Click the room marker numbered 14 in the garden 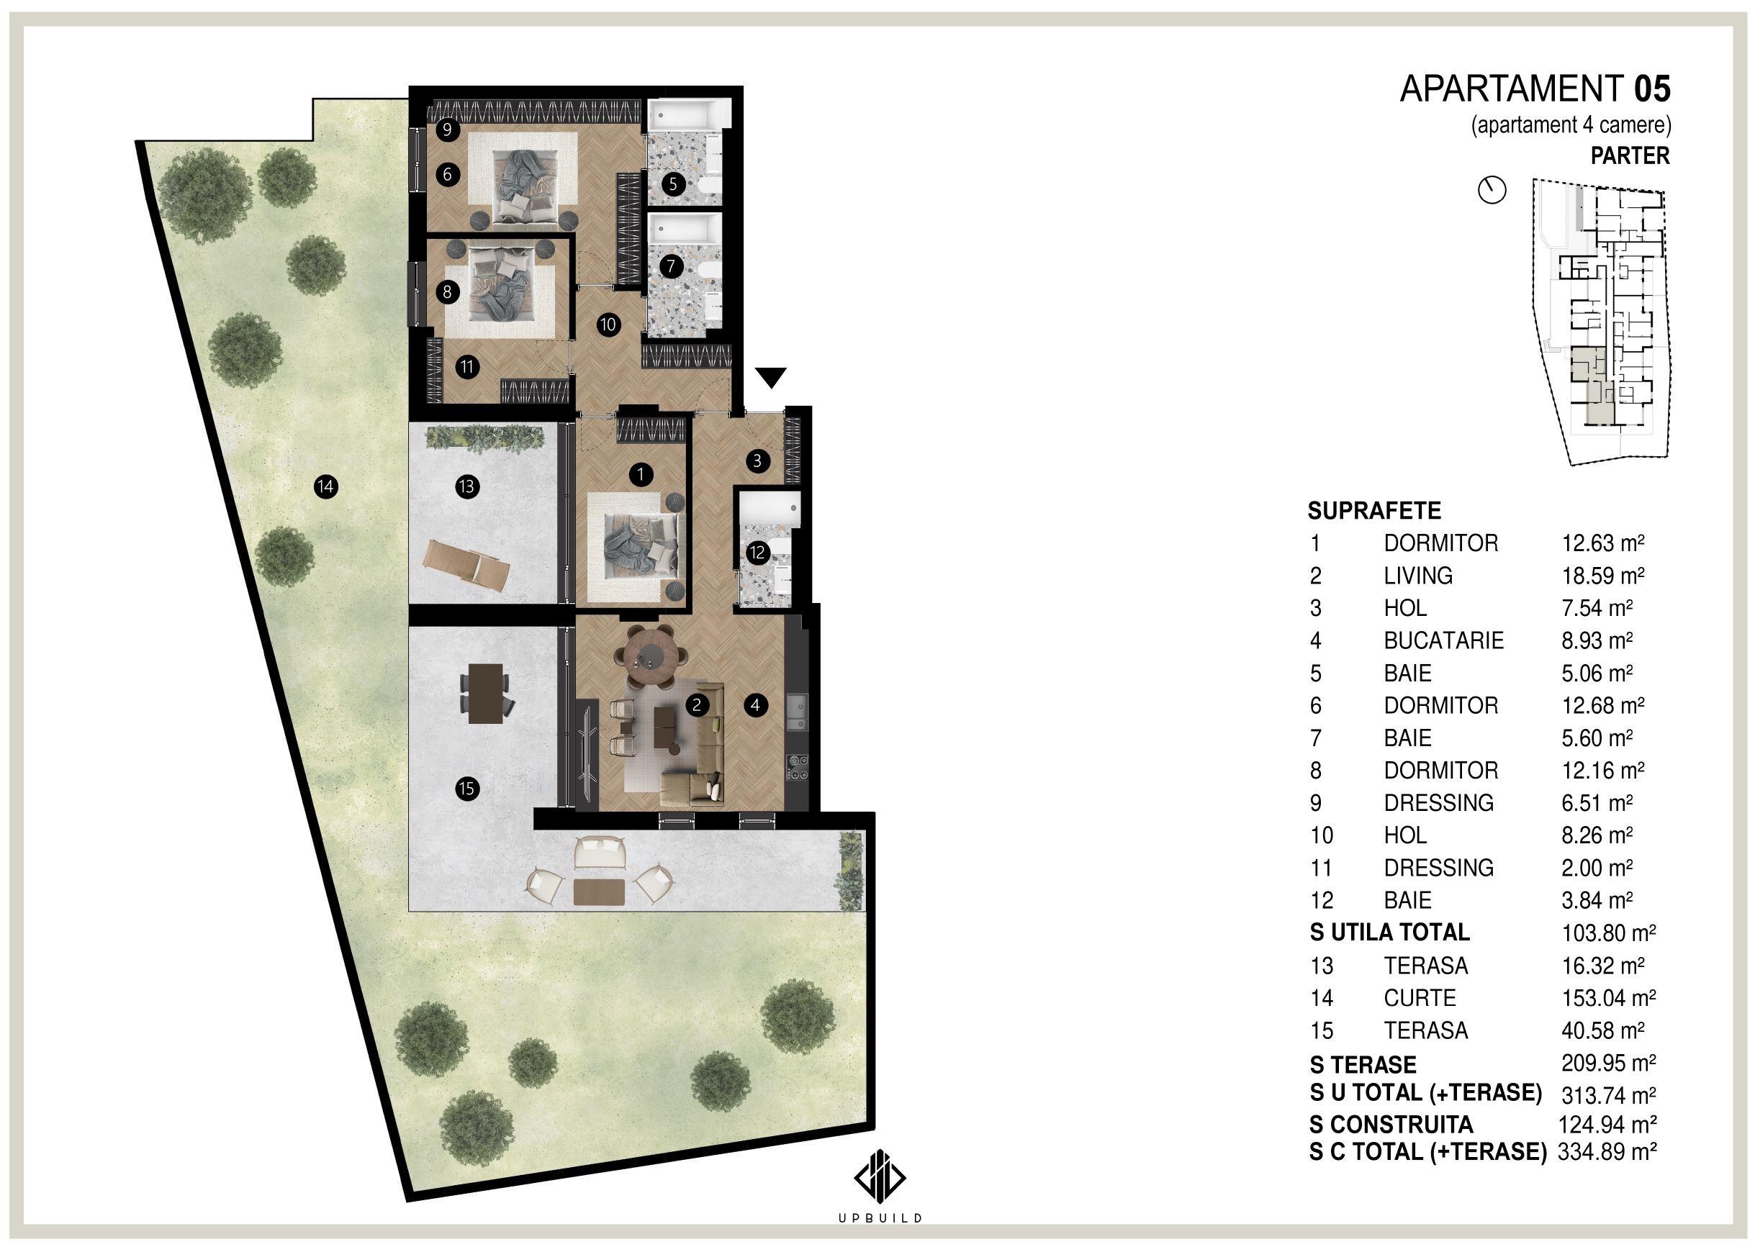click(x=325, y=486)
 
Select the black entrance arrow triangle click(x=771, y=378)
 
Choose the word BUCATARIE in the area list click(x=1443, y=640)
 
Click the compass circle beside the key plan click(x=1492, y=190)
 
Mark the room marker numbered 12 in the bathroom click(x=757, y=552)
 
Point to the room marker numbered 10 click(x=608, y=325)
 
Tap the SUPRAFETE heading click(x=1374, y=511)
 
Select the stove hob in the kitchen click(x=798, y=768)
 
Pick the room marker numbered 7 click(x=671, y=267)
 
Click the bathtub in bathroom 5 click(x=687, y=116)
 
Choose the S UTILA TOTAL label click(x=1389, y=933)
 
